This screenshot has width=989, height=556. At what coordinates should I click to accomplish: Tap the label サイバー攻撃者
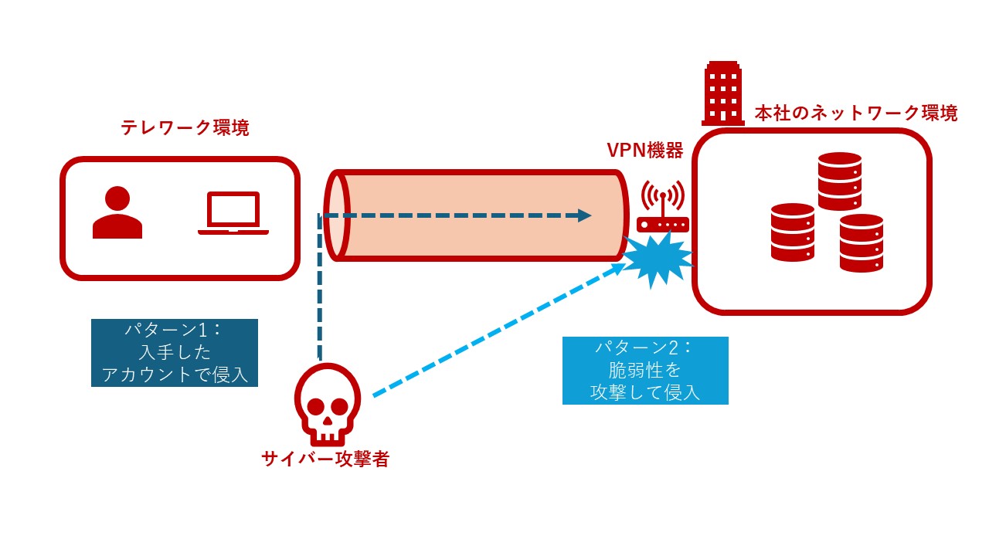click(x=325, y=459)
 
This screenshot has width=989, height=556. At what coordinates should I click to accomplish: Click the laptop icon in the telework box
click(x=233, y=212)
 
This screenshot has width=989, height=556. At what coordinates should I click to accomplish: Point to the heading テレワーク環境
click(x=185, y=128)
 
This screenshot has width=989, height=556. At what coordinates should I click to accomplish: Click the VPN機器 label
click(x=645, y=151)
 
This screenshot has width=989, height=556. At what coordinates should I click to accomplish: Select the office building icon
click(x=723, y=93)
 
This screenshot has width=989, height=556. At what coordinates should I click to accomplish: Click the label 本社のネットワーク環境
click(x=856, y=114)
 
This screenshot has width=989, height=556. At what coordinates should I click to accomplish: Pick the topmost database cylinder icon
click(x=840, y=181)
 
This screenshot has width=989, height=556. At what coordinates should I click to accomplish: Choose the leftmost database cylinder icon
click(x=793, y=232)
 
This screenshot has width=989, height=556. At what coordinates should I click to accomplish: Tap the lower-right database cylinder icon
click(x=862, y=242)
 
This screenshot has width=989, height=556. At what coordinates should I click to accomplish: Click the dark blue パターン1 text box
click(x=175, y=352)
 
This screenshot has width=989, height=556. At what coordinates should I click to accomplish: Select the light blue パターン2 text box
click(x=645, y=371)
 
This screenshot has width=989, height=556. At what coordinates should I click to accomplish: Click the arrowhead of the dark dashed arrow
click(x=585, y=215)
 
